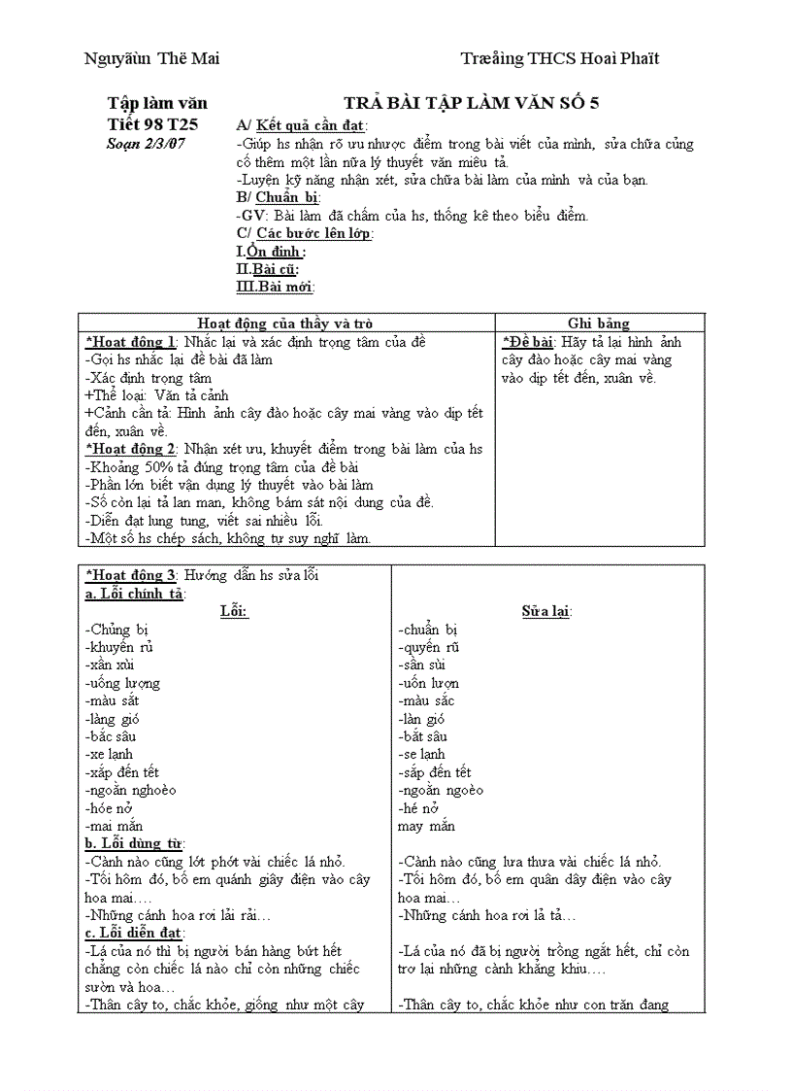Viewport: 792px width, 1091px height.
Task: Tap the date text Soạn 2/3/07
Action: (146, 144)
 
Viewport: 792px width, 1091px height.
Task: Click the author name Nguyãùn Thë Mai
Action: (152, 58)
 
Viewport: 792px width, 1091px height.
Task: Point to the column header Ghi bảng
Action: (598, 324)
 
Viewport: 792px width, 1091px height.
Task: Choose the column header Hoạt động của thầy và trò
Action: (285, 324)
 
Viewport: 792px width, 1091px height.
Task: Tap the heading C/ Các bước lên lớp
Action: (305, 233)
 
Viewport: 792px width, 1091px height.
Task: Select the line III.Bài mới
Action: (276, 287)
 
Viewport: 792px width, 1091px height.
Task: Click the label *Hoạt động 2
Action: (131, 449)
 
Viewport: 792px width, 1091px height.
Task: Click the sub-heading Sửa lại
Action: (546, 611)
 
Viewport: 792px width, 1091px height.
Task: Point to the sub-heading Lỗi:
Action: (234, 611)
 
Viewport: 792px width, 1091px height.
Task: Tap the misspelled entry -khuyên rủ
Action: (120, 647)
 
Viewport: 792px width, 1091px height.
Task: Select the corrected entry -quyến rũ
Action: (429, 647)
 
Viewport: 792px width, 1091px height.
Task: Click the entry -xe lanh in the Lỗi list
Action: (110, 754)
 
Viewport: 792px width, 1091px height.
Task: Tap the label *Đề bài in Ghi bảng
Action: (528, 342)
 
